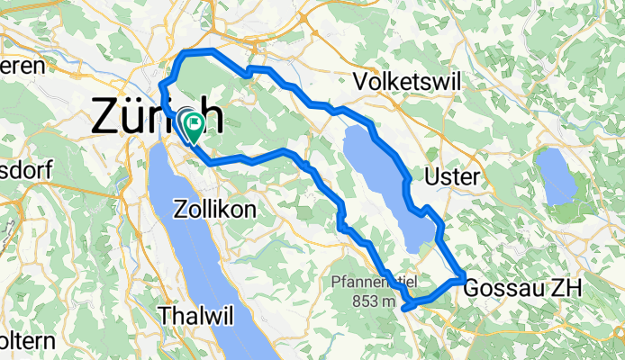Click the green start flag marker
192,127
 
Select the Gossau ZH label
523,287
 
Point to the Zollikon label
217,209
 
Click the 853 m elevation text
370,301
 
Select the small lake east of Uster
557,175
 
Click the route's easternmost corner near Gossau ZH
463,281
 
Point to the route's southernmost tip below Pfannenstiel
407,308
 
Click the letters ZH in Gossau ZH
567,287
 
